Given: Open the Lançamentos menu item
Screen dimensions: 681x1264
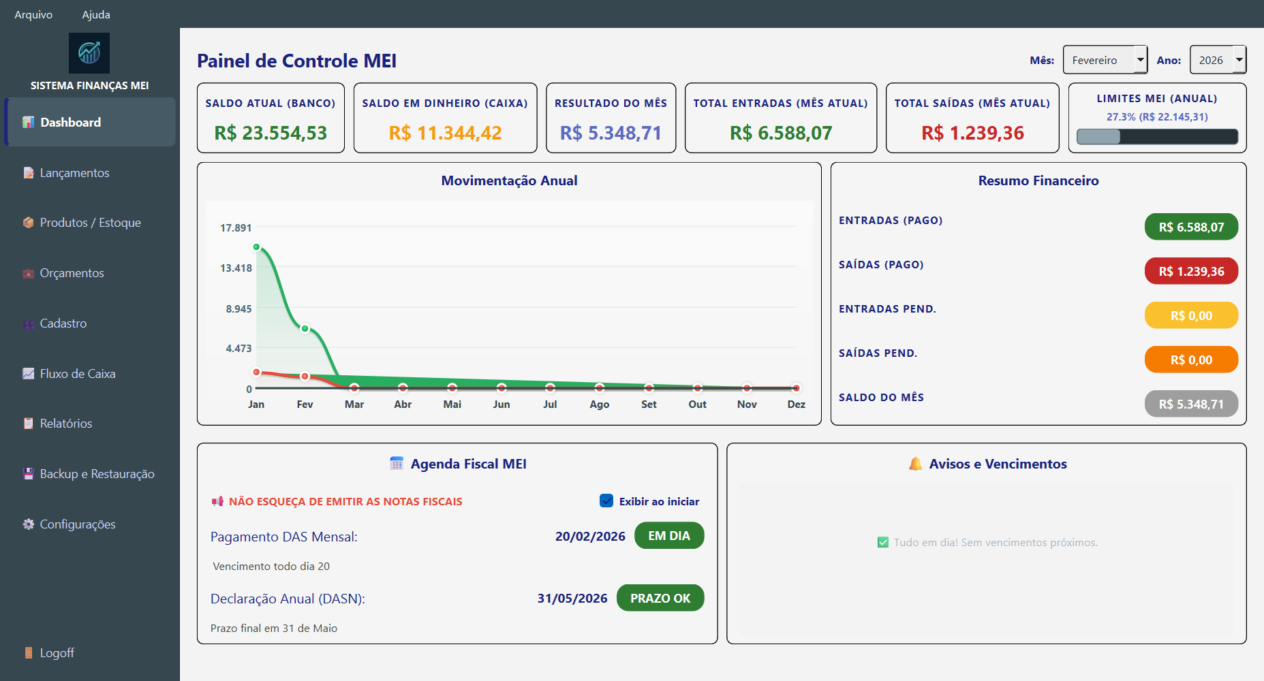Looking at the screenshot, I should [74, 173].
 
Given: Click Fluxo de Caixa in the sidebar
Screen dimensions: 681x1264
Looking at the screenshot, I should [77, 374].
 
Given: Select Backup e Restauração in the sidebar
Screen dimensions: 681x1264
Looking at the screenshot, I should [97, 474].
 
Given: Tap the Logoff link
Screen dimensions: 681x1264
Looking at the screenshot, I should [57, 653].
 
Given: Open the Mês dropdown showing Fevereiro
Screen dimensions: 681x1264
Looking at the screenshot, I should [1105, 60].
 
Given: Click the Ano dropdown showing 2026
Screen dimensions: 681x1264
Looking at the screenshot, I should [1217, 60].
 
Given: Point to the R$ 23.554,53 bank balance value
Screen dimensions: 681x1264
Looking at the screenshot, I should [271, 133].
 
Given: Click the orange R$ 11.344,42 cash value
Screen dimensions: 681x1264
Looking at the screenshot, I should [445, 133].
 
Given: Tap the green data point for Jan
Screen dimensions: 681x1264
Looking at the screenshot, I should [256, 247].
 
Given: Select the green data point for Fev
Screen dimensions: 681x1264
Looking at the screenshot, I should [305, 329].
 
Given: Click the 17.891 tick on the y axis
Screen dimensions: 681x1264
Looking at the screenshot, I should [236, 228].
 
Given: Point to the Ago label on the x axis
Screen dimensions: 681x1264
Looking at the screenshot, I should [600, 405].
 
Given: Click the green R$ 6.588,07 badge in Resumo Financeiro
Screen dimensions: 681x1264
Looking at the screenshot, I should [1191, 227].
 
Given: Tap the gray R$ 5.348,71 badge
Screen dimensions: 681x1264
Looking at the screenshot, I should [1191, 404].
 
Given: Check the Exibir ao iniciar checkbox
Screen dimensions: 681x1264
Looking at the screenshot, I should [606, 501].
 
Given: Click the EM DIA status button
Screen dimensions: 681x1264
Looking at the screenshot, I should [669, 536].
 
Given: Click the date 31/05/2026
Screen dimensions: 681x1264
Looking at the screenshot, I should [572, 599].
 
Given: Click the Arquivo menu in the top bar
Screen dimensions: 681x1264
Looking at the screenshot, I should [33, 14].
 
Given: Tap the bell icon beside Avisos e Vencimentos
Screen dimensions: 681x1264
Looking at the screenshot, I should [915, 464].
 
